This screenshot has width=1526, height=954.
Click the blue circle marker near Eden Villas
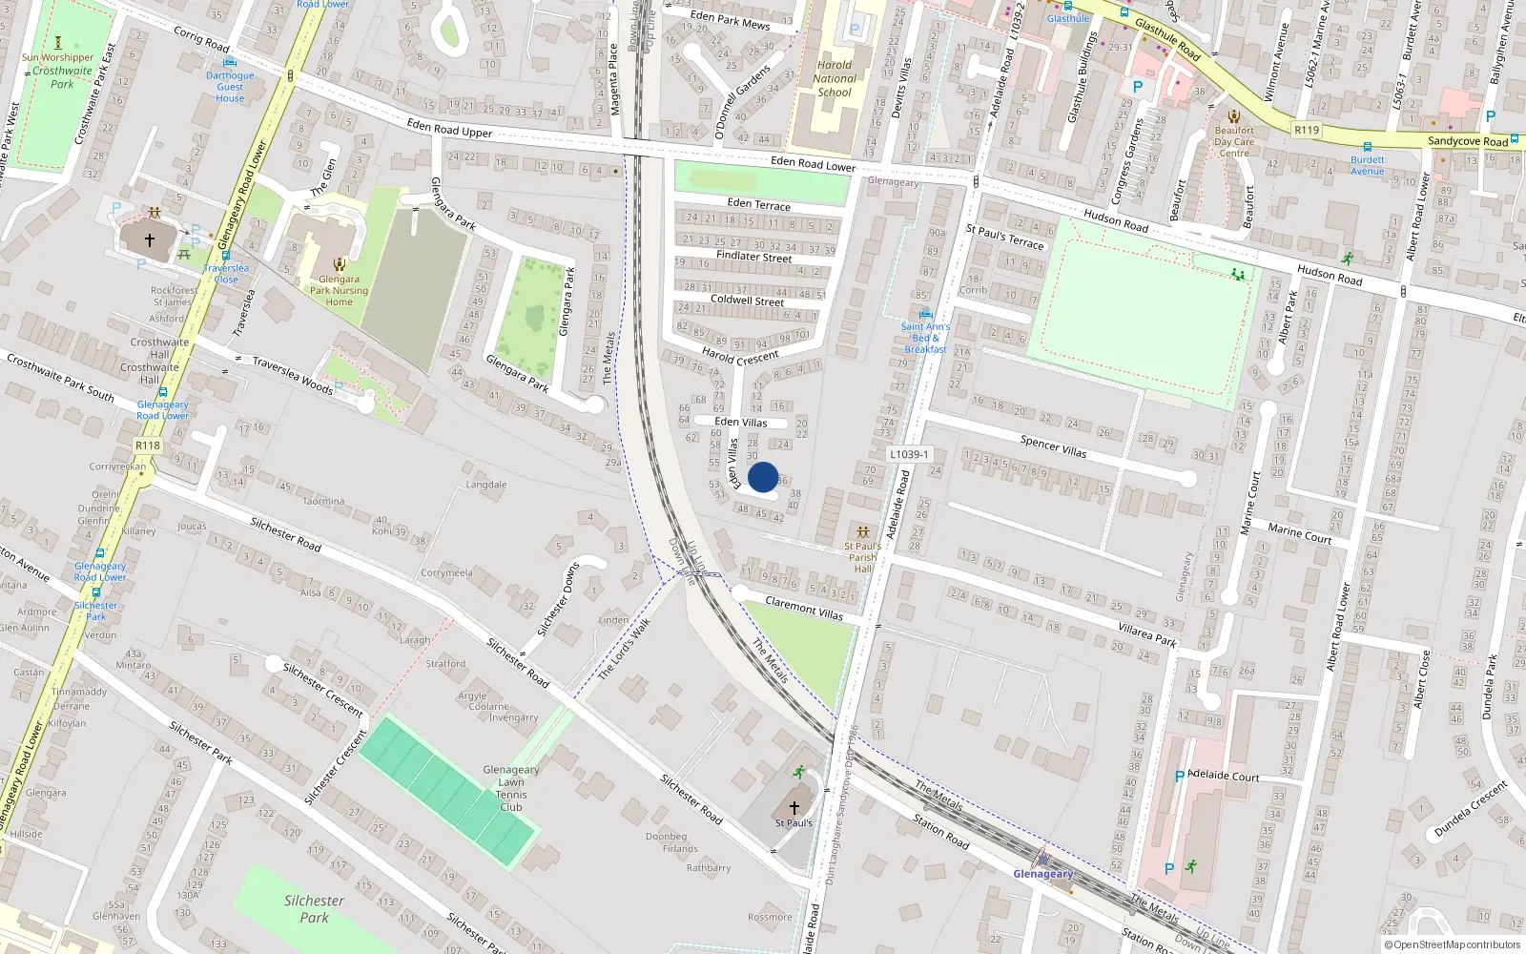coord(763,477)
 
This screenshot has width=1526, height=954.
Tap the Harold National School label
coord(835,79)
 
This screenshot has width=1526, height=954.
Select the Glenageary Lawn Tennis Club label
coord(511,788)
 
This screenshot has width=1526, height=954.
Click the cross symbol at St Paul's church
coord(794,807)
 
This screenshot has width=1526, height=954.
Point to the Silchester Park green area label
coord(314,908)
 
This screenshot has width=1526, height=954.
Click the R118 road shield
coord(148,446)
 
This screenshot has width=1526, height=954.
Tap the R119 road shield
coord(1307,130)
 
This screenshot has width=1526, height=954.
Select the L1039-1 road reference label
coord(909,454)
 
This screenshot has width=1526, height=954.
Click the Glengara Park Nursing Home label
coord(339,291)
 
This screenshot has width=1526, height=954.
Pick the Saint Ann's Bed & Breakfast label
coord(925,338)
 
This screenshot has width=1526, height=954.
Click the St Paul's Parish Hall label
coord(862,557)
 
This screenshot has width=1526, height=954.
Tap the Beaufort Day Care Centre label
coord(1234,142)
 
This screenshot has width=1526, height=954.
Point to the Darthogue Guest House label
coord(230,87)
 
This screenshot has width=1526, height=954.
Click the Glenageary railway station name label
coord(1042,874)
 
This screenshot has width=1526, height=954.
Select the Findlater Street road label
coord(753,257)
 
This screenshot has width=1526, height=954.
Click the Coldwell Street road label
coord(747,300)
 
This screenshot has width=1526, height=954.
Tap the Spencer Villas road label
coord(1053,446)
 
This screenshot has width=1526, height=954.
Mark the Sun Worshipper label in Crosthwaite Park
coord(58,57)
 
